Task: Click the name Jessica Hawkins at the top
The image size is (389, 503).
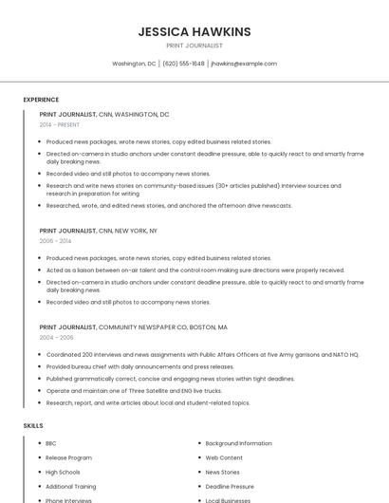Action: point(194,31)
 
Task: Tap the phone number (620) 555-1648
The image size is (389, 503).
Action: point(183,64)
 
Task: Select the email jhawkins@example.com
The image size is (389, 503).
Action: point(244,64)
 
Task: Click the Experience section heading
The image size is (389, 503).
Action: point(41,100)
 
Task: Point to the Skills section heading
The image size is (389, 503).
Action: point(33,426)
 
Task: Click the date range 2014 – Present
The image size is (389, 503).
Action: point(60,124)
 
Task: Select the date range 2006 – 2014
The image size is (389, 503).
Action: point(55,241)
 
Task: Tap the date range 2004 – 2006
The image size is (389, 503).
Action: point(56,337)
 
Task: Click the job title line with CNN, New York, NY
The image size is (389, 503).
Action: point(99,231)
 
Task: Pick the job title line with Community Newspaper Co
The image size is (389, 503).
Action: point(133,327)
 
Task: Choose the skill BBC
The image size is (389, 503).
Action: point(51,443)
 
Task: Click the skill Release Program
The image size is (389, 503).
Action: point(68,457)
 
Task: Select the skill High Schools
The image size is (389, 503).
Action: point(63,472)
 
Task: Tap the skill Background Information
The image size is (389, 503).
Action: point(238,443)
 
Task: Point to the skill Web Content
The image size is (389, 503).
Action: point(224,457)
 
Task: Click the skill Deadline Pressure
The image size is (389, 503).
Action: point(230,486)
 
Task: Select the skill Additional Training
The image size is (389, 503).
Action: point(71,486)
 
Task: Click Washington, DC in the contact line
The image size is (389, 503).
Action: point(134,64)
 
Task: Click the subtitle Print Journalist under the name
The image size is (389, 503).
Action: point(194,46)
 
